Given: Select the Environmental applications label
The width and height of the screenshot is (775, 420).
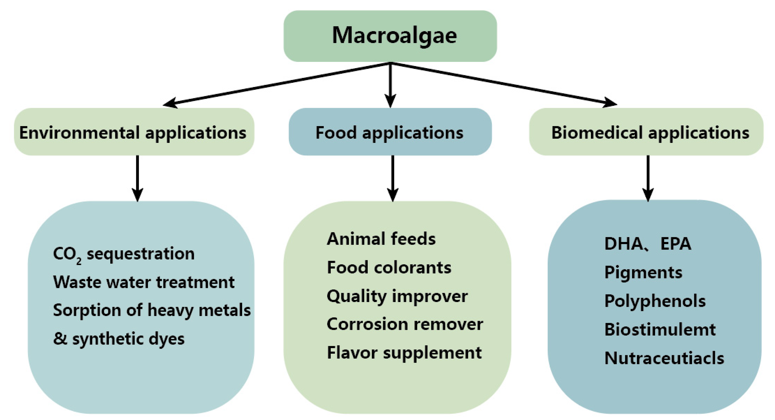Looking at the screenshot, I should pos(133,133).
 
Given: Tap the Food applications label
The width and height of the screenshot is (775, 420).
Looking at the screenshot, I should pos(389,133).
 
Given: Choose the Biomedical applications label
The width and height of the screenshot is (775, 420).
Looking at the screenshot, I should pos(650,133).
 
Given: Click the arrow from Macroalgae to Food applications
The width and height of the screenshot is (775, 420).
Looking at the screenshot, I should pos(390,84).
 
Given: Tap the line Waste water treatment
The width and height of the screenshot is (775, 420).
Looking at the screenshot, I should pos(144,282).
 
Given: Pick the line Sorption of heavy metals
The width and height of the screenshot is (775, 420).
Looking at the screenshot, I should pos(152,310).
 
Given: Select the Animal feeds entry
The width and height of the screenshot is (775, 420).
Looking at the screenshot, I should pos(381,239).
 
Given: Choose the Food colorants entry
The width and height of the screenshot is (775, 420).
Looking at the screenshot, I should pos(389,267).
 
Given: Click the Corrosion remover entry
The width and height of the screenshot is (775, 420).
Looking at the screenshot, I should pos(405,324).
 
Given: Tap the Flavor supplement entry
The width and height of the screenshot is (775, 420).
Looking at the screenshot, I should pos(404,353).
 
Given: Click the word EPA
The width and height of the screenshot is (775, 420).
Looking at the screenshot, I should pos(676,244).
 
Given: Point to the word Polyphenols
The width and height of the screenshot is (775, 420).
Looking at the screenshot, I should pos(655,301).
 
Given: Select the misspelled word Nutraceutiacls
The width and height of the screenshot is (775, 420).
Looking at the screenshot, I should pos(664,358).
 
